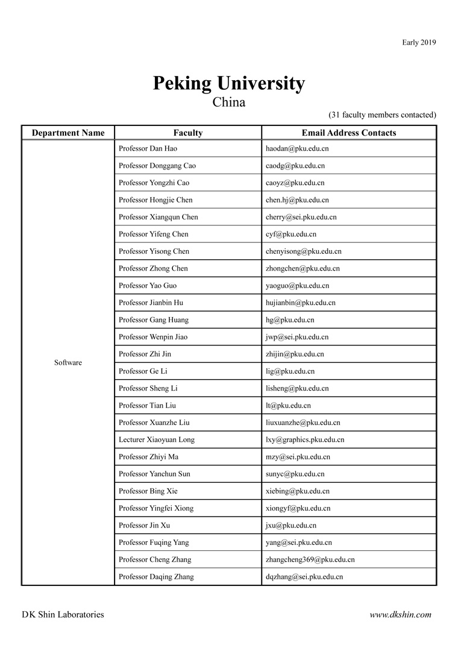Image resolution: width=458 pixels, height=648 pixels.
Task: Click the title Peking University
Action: [x=228, y=83]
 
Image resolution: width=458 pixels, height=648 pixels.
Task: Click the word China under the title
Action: [x=228, y=102]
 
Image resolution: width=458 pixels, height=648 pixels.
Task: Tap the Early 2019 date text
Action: [x=419, y=42]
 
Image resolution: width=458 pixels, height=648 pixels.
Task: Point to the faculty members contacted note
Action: [x=382, y=115]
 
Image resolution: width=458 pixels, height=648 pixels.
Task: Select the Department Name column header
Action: [x=68, y=133]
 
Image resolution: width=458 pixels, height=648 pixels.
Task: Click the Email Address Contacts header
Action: [x=348, y=133]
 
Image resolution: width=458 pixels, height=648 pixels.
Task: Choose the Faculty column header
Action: [x=187, y=133]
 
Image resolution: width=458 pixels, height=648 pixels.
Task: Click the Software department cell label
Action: [x=68, y=362]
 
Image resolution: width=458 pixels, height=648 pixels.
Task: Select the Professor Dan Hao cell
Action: [x=148, y=148]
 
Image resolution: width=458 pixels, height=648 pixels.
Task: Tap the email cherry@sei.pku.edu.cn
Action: [x=301, y=217]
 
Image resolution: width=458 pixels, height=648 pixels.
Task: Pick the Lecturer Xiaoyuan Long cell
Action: [x=157, y=439]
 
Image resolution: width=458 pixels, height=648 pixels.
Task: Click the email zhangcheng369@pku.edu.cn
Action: [x=310, y=559]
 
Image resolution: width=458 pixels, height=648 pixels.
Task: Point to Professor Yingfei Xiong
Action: [x=156, y=508]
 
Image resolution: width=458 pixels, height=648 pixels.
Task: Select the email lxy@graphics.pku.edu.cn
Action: [x=305, y=439]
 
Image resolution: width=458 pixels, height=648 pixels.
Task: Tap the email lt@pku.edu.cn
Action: [x=288, y=406]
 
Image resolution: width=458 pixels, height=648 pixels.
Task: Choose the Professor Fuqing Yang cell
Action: [x=154, y=543]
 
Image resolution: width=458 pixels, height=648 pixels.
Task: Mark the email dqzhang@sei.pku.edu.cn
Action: [x=304, y=577]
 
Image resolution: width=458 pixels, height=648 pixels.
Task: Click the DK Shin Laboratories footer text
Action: [x=63, y=615]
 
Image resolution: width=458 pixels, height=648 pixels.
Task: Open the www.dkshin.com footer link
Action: [x=400, y=615]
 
